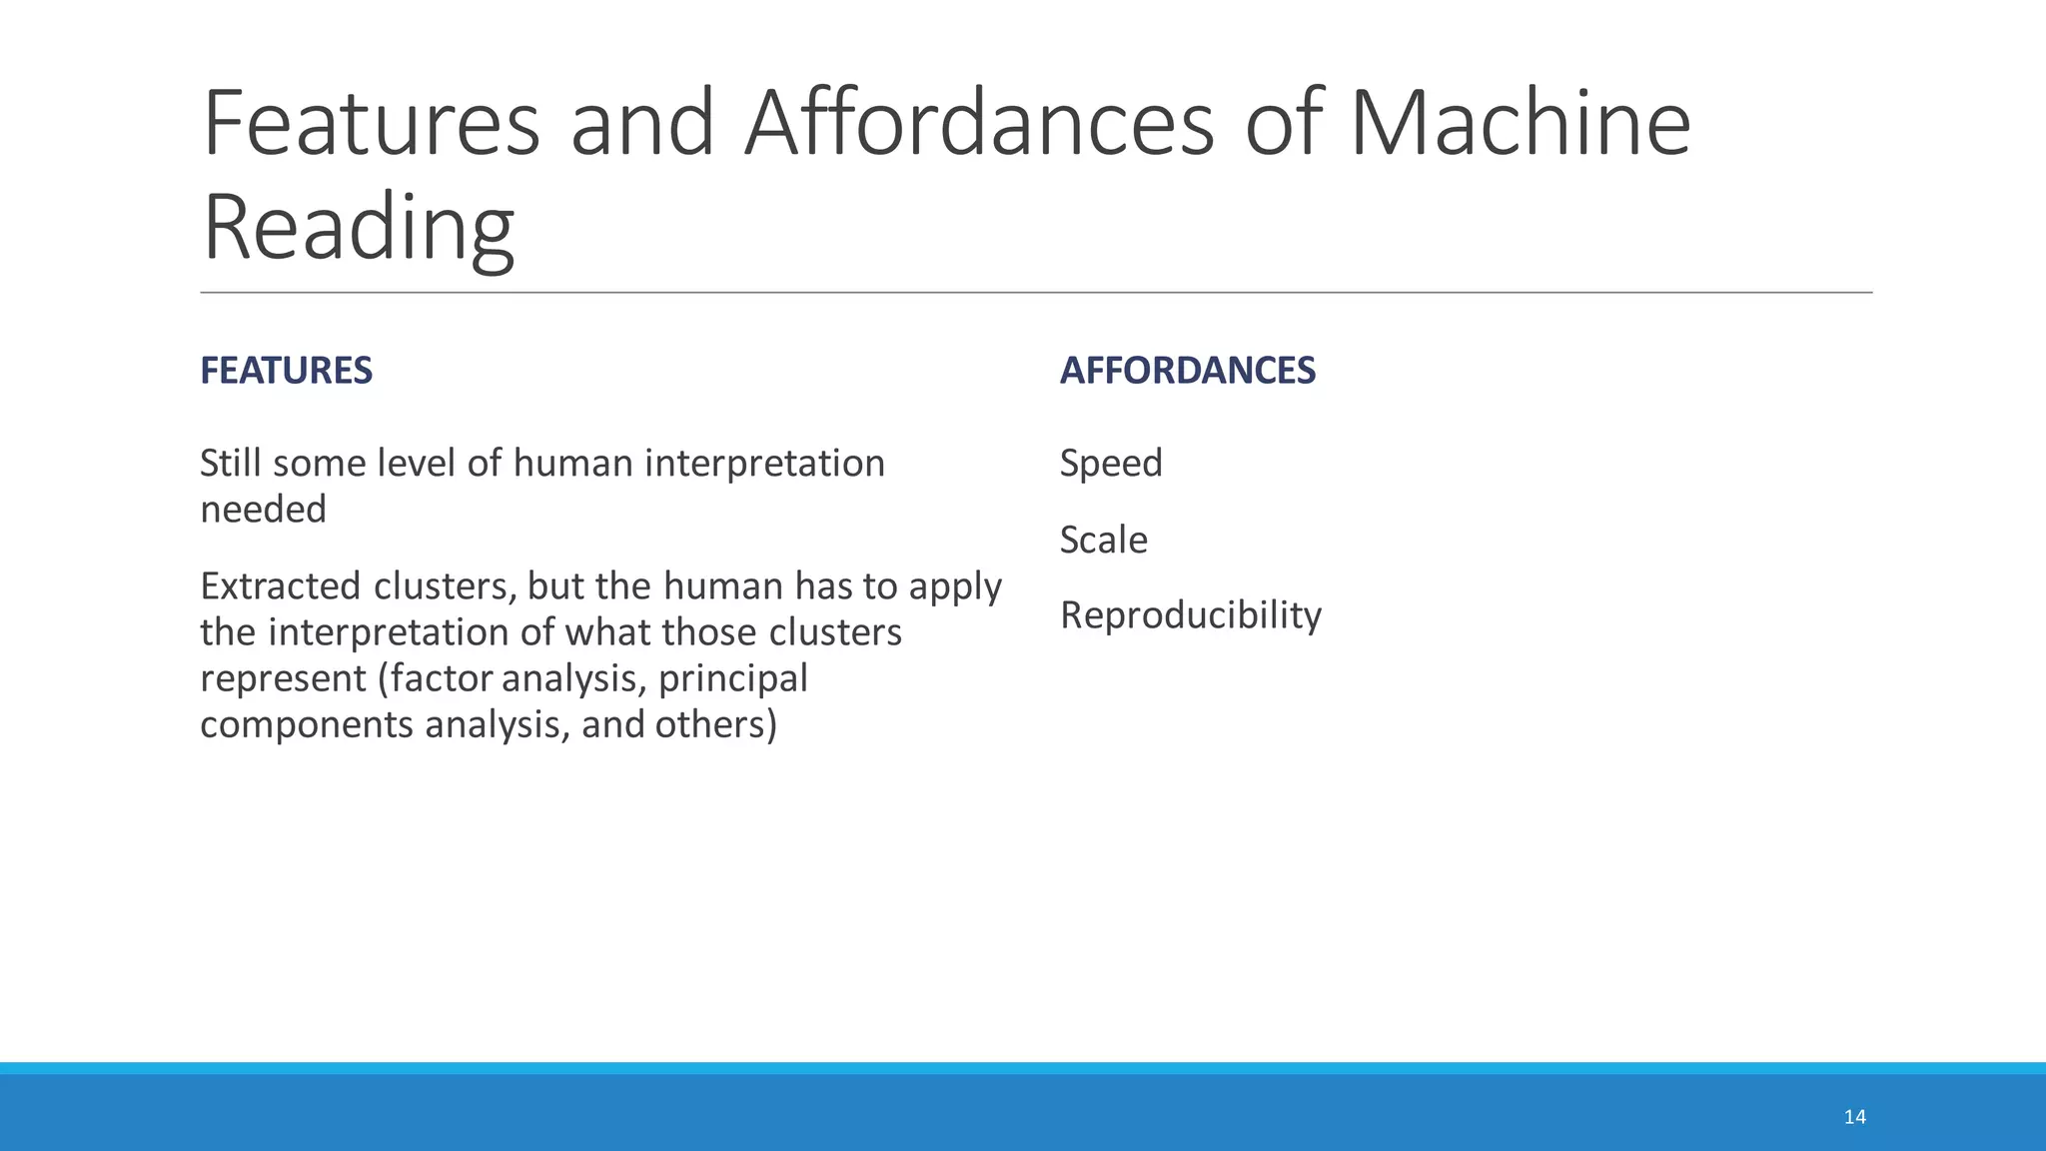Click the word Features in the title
click(x=371, y=124)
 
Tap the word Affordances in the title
click(x=978, y=124)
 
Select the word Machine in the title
click(x=1520, y=124)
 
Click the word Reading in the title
click(x=358, y=228)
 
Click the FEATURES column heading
click(x=286, y=371)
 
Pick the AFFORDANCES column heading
click(x=1187, y=371)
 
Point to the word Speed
click(x=1111, y=464)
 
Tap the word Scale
click(x=1103, y=541)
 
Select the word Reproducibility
click(x=1190, y=615)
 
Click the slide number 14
click(x=1854, y=1117)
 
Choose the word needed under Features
click(x=263, y=510)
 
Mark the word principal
click(x=732, y=678)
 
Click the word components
click(x=307, y=724)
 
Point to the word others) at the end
click(x=715, y=724)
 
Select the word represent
click(x=283, y=678)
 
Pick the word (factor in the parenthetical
click(x=436, y=678)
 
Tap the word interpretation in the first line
click(x=764, y=464)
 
